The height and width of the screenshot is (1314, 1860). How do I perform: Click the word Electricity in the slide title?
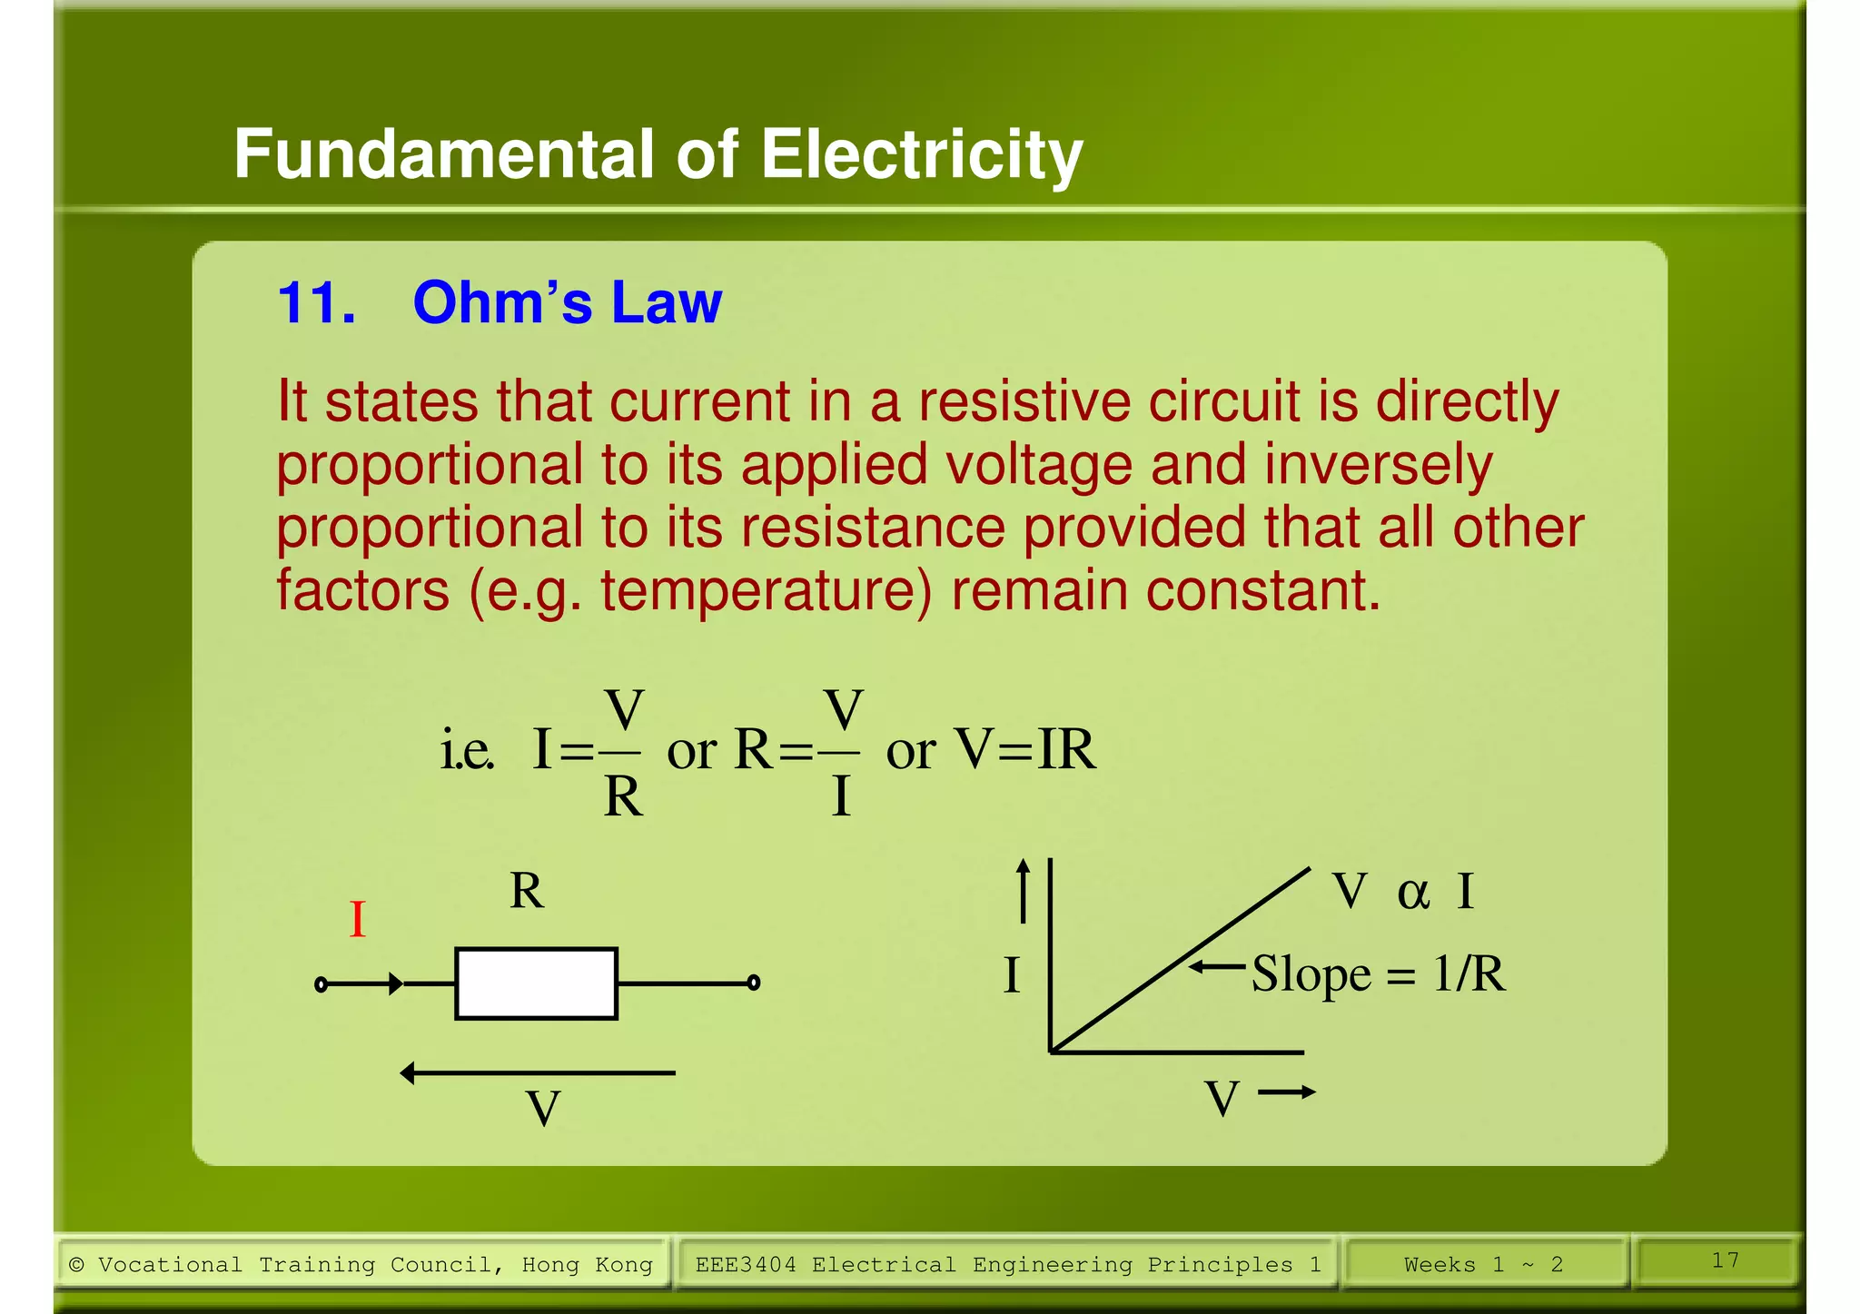[921, 154]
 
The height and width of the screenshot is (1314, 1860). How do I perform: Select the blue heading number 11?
[315, 302]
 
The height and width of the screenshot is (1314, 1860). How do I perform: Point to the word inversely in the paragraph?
[1378, 465]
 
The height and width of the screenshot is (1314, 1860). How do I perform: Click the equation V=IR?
[1026, 750]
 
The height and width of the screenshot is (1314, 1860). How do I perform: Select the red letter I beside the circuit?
[358, 920]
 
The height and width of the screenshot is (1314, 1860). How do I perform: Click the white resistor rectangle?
[536, 983]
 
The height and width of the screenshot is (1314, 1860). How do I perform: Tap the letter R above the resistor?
[527, 891]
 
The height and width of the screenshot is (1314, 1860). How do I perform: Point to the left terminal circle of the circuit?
[321, 984]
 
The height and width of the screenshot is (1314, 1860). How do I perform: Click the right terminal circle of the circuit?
[753, 983]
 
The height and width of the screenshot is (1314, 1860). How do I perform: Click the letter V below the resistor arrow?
[543, 1109]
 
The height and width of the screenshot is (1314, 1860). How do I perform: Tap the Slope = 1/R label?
[1378, 974]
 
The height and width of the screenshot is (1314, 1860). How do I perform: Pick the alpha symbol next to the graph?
[1412, 893]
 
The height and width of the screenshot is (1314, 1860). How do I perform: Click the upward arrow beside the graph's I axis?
[1024, 890]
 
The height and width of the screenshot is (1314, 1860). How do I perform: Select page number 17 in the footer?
[1725, 1260]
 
